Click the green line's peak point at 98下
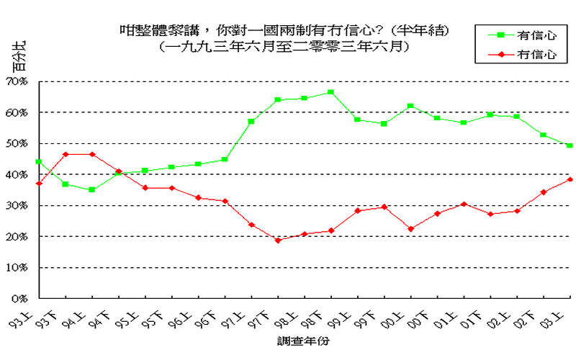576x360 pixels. pyautogui.click(x=330, y=92)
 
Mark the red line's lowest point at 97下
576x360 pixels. pyautogui.click(x=278, y=240)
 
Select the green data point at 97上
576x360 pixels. pyautogui.click(x=251, y=122)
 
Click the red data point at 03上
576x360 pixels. pyautogui.click(x=570, y=179)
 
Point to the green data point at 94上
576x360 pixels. pyautogui.click(x=92, y=190)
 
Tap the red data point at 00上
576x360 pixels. pyautogui.click(x=410, y=229)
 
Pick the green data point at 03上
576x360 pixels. pyautogui.click(x=570, y=145)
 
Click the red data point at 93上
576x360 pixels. pyautogui.click(x=39, y=184)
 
